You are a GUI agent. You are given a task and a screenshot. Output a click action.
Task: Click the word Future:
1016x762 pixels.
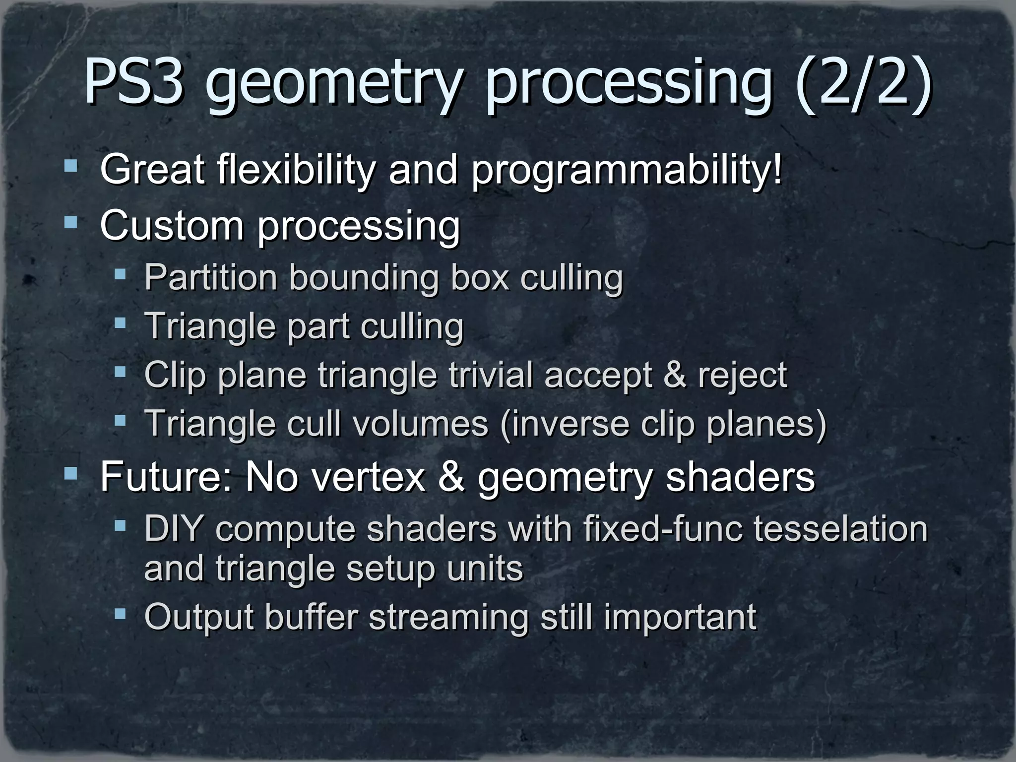tap(166, 476)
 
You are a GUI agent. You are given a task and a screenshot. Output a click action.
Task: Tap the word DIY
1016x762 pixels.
tap(173, 529)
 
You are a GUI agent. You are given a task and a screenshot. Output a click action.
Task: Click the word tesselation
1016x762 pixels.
tap(840, 529)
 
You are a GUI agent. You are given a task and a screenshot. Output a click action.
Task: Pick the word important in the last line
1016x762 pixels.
tap(680, 618)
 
